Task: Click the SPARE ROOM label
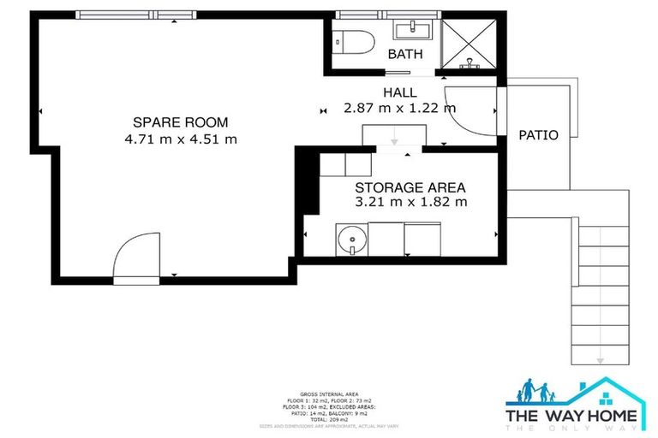tap(180, 121)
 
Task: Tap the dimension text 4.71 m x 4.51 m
tap(180, 139)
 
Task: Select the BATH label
tap(405, 55)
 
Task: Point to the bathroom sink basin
tap(413, 33)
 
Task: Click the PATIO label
tap(539, 135)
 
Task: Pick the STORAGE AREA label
tap(410, 186)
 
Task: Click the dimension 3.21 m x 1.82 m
tap(410, 203)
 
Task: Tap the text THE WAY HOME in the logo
tap(571, 416)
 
